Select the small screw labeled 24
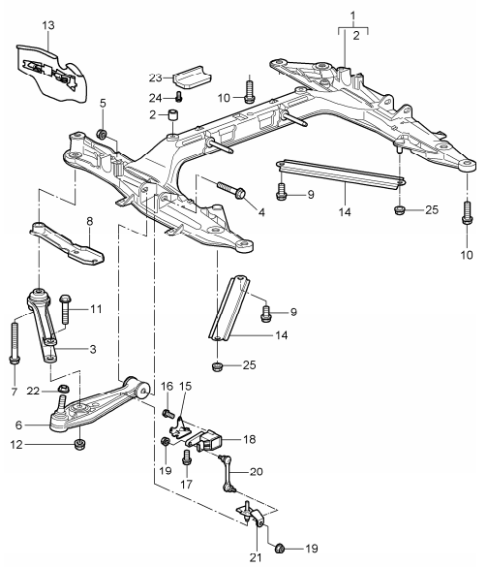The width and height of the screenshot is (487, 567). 180,97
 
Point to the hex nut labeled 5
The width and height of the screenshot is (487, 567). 103,132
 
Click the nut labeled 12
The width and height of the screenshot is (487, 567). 79,446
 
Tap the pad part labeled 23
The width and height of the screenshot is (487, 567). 191,74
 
